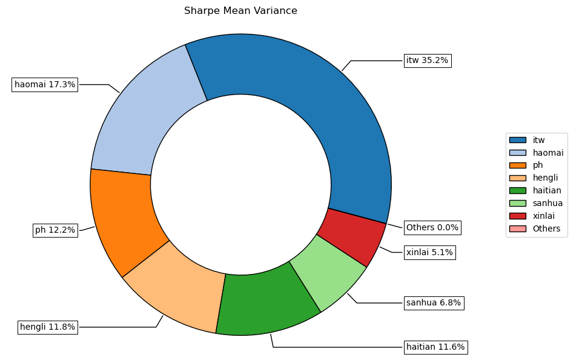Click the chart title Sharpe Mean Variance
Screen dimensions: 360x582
(240, 11)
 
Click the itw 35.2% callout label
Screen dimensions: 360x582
(427, 61)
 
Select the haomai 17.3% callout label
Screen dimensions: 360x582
(45, 85)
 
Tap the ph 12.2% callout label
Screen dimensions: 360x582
(55, 230)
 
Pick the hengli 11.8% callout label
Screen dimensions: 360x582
(48, 327)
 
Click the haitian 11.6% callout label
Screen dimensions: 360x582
(435, 347)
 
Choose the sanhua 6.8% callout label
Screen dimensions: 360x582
(434, 302)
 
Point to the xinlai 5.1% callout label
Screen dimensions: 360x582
(429, 252)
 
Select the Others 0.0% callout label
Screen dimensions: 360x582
(432, 228)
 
